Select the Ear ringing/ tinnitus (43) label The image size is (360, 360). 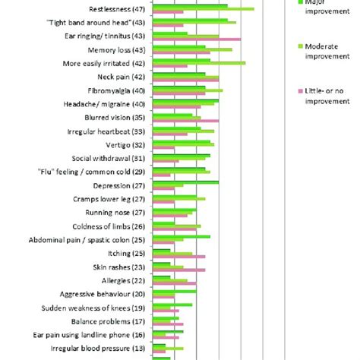point(106,36)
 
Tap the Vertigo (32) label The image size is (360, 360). point(128,145)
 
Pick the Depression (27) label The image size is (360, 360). point(120,185)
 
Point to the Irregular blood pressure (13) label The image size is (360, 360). point(99,348)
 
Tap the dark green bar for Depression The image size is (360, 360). point(185,182)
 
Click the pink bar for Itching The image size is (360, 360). point(178,257)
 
